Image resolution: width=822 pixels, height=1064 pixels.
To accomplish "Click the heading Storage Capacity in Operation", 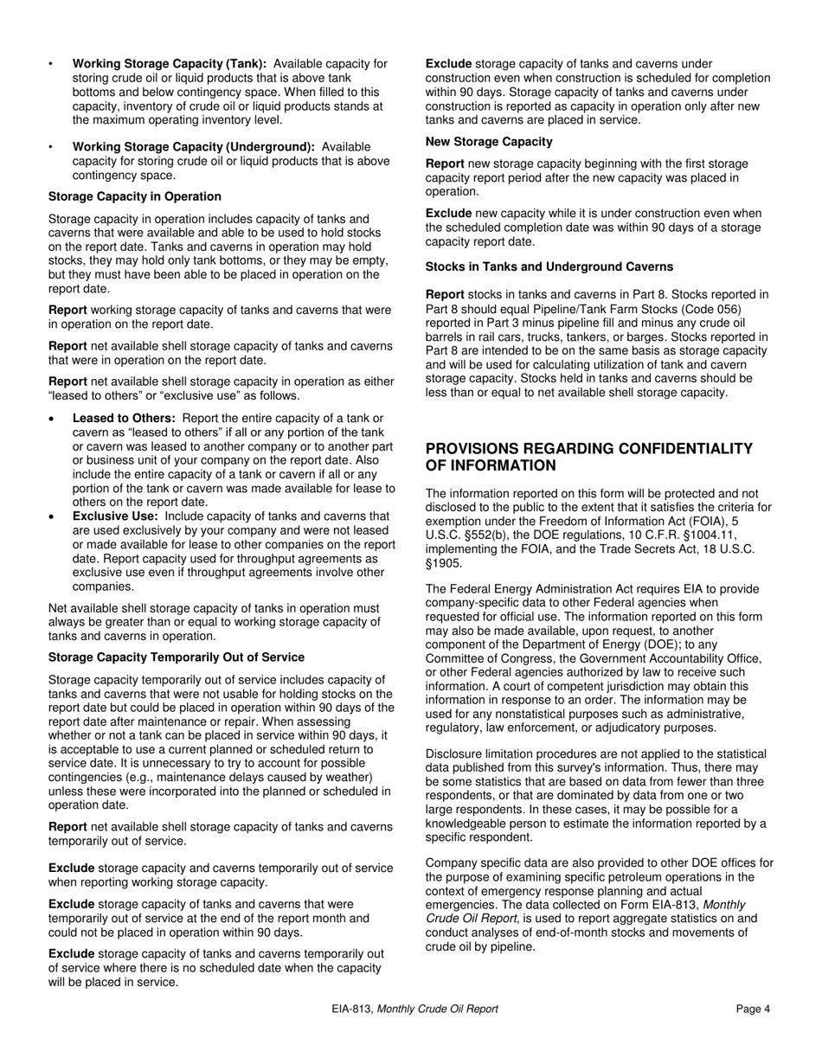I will click(134, 196).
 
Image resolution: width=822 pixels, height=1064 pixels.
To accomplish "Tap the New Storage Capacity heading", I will click(489, 141).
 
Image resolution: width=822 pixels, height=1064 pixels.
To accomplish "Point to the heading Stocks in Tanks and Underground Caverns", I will click(549, 266).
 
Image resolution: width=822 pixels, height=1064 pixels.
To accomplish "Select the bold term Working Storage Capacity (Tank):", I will click(170, 64).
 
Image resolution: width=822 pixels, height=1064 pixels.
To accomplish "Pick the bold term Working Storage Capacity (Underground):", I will click(194, 147).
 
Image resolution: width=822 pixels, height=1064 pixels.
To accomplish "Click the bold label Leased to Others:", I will click(124, 418).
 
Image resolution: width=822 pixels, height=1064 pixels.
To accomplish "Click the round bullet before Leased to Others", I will click(54, 419).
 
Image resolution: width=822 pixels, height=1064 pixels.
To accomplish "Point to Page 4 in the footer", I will click(753, 1009).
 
